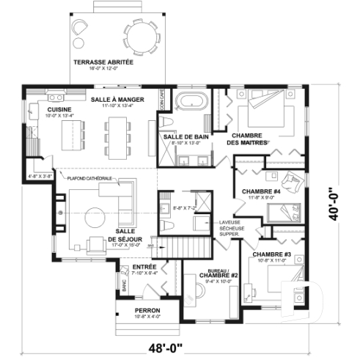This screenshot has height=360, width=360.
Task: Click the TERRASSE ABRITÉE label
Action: click(x=103, y=63)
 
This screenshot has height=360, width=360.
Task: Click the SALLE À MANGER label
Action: click(x=117, y=99)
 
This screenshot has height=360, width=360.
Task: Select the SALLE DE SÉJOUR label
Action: click(x=122, y=235)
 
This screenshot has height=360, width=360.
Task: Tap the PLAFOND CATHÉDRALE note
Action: click(x=89, y=178)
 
